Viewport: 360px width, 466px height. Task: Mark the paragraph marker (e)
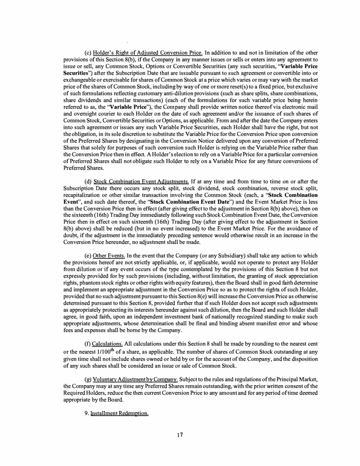point(88,256)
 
